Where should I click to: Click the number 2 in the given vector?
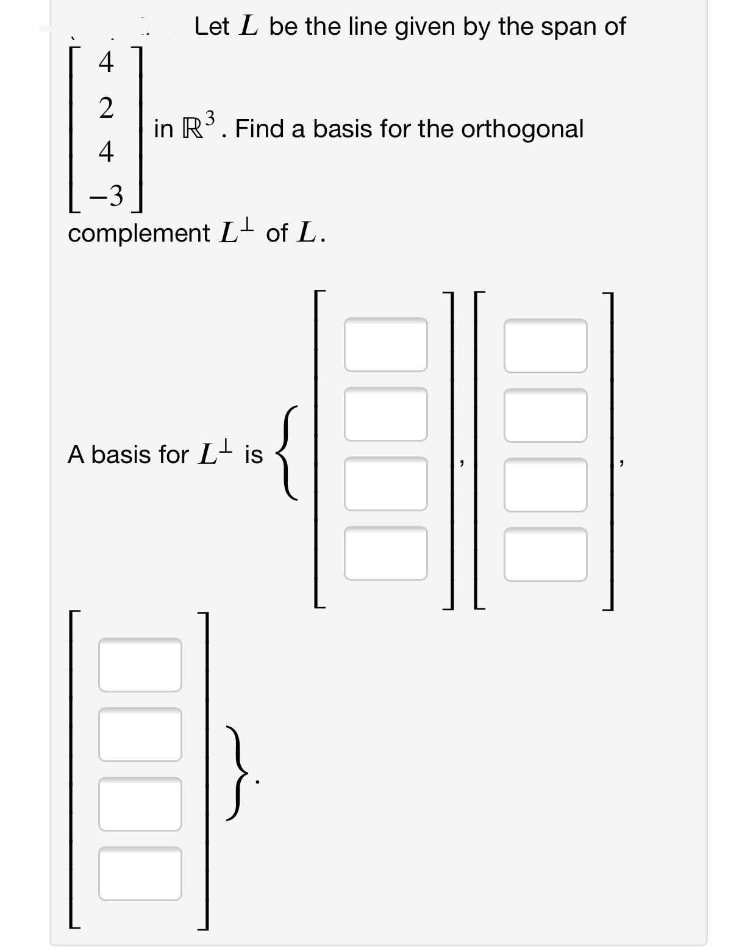[106, 108]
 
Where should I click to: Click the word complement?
[138, 233]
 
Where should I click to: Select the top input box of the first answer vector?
[385, 344]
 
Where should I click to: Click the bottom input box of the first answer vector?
[385, 553]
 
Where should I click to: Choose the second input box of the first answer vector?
[385, 414]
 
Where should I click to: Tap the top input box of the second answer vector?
[545, 345]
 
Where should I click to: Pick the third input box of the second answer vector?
[545, 484]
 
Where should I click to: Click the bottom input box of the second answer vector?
[545, 554]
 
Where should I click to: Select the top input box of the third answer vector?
[140, 664]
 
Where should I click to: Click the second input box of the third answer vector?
[140, 734]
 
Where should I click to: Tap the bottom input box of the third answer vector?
[140, 873]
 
